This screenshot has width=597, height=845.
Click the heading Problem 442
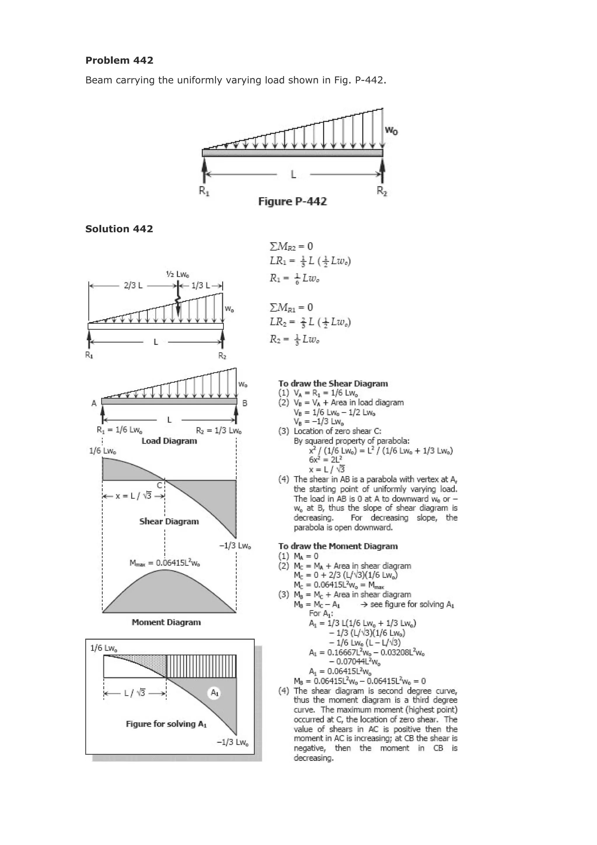tap(119, 60)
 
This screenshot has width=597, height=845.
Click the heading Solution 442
tap(119, 229)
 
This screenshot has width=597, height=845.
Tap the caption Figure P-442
tap(292, 201)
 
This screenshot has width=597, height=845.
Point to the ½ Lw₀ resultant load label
tap(177, 274)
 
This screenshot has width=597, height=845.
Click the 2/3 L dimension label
tap(133, 286)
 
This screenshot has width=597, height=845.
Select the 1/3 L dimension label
tap(201, 286)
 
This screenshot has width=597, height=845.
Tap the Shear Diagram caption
tap(169, 521)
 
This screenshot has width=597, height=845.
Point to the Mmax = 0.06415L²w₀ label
tap(164, 563)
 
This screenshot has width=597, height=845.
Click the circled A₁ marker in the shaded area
tap(214, 693)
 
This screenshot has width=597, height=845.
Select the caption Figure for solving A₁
tap(166, 724)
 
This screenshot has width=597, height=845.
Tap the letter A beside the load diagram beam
tap(94, 403)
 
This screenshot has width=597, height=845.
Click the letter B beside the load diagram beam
tap(245, 403)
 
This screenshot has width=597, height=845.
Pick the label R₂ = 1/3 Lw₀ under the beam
tap(219, 431)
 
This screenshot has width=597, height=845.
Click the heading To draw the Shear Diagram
tap(333, 384)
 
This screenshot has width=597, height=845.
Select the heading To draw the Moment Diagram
tap(338, 546)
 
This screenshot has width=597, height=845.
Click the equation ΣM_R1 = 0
tap(291, 307)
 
